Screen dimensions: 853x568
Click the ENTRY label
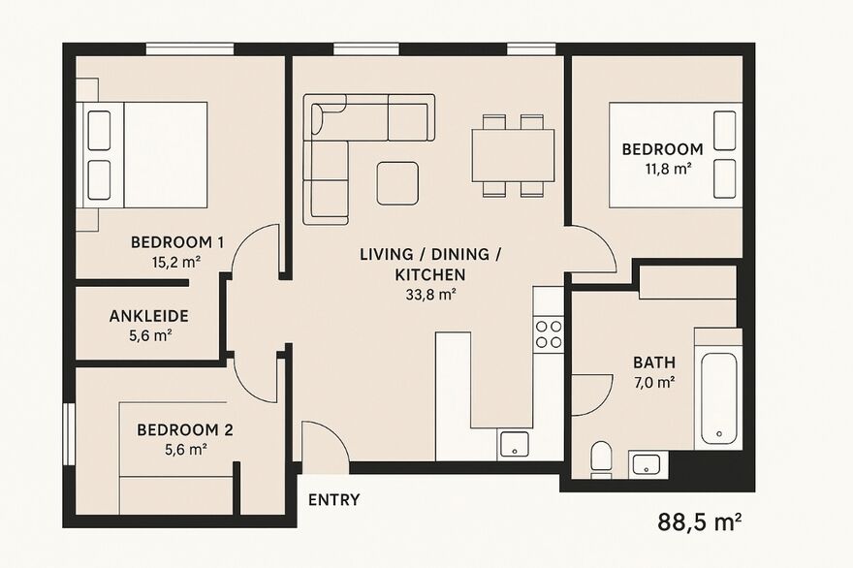pos(334,499)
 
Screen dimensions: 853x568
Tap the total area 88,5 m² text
pos(700,521)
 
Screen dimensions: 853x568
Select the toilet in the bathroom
pos(601,459)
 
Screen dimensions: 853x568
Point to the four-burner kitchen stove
pos(549,334)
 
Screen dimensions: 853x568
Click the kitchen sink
pos(514,445)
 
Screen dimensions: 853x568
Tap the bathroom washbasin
pos(647,464)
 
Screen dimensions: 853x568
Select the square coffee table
pos(397,183)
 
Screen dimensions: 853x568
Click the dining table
pos(513,155)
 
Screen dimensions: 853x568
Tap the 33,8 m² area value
pos(430,295)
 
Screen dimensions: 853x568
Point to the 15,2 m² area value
pos(176,263)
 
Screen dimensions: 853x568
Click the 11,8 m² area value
pos(668,169)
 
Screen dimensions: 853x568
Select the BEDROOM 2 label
pos(185,429)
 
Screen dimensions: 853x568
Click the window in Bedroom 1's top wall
pos(190,49)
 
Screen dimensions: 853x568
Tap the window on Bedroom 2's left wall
pos(69,433)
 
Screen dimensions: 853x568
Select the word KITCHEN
pos(430,274)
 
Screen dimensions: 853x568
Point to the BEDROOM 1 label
pos(177,242)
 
